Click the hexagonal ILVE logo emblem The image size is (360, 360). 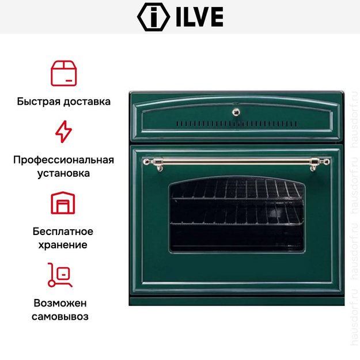(153, 17)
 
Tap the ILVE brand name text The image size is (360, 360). (199, 17)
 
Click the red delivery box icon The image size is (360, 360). (63, 73)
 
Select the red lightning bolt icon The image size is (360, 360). (63, 131)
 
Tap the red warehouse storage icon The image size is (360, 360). (63, 203)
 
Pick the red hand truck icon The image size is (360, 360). (60, 275)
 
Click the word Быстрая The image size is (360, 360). (39, 102)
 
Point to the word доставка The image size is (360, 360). (87, 102)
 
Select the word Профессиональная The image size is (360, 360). (63, 160)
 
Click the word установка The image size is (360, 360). (63, 173)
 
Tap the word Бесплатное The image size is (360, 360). (63, 232)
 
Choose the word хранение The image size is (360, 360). (63, 245)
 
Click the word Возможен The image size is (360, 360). (60, 303)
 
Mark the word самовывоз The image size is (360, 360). (60, 317)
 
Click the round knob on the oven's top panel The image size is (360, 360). (236, 112)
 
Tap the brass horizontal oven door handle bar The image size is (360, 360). (236, 162)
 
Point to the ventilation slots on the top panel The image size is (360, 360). (237, 124)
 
